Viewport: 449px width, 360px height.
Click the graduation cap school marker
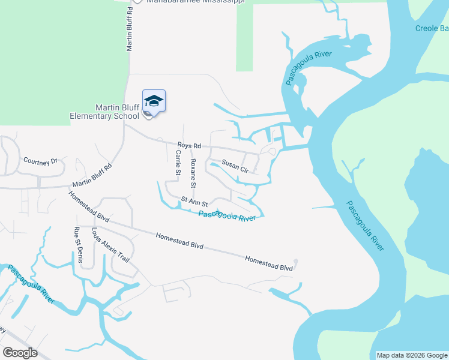(x=154, y=101)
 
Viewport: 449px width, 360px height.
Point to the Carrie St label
(x=178, y=162)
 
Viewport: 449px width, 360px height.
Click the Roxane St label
(x=193, y=171)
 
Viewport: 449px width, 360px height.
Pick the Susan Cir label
(x=235, y=166)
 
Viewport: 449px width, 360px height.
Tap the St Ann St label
(x=194, y=202)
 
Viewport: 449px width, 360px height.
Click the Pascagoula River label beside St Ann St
(x=227, y=215)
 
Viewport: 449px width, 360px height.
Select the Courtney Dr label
(x=40, y=161)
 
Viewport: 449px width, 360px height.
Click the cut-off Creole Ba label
(x=432, y=28)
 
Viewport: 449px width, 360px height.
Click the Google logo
(x=20, y=353)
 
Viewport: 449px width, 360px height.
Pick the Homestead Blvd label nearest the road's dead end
(x=268, y=263)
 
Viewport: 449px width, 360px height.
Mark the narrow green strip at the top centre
(x=244, y=36)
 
